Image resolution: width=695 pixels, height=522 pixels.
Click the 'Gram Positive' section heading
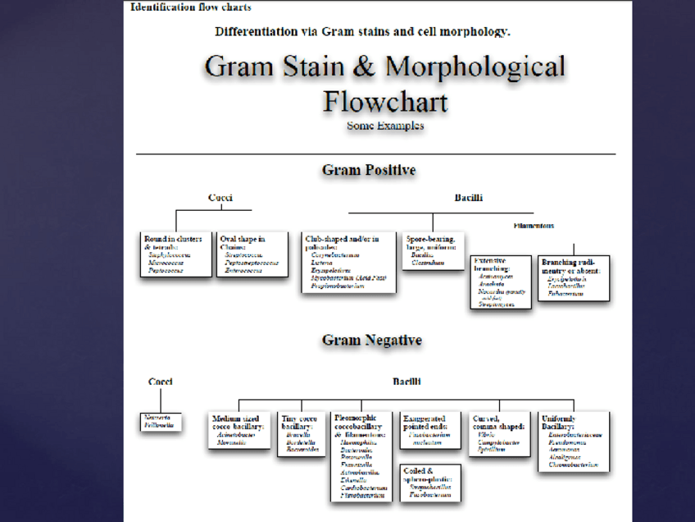(369, 170)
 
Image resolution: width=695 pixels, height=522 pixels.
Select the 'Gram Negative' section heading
(371, 340)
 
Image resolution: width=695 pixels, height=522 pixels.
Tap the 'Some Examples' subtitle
(385, 126)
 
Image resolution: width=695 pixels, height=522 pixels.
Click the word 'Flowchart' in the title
(384, 102)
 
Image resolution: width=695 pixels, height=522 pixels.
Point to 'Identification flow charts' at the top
(191, 7)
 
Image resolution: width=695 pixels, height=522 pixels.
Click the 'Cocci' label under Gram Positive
(220, 198)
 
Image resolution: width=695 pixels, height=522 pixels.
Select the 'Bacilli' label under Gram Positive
(468, 198)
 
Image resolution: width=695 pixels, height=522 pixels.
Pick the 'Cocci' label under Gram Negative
(161, 381)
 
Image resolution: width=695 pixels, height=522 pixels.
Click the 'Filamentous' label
(534, 225)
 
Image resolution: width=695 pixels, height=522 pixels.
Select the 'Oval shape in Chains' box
(252, 254)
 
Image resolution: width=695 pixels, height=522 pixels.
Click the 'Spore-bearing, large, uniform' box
(434, 251)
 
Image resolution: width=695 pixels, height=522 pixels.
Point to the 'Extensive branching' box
(501, 282)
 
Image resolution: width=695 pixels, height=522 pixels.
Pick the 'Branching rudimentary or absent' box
(573, 277)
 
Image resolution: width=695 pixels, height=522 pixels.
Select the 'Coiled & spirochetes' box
(430, 483)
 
